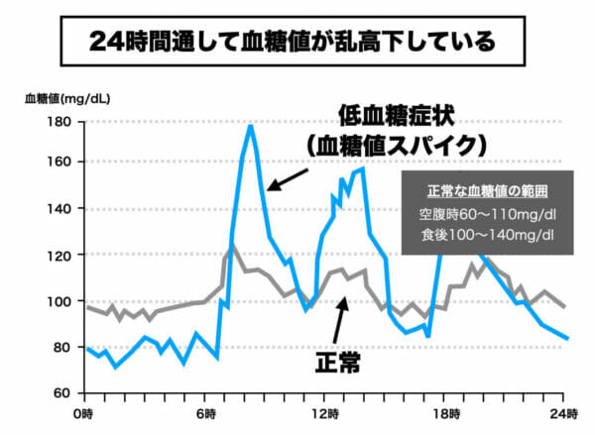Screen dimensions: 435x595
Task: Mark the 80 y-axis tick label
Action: [59, 347]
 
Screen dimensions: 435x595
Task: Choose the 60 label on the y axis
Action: [59, 393]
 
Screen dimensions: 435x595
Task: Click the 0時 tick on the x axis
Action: [86, 410]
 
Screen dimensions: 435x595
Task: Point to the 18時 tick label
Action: [445, 410]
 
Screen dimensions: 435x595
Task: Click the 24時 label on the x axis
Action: [563, 410]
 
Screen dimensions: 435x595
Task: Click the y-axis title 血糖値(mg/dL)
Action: [67, 99]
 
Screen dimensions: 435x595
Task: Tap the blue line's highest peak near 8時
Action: [250, 126]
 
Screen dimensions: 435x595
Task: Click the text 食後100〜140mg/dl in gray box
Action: [479, 235]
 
